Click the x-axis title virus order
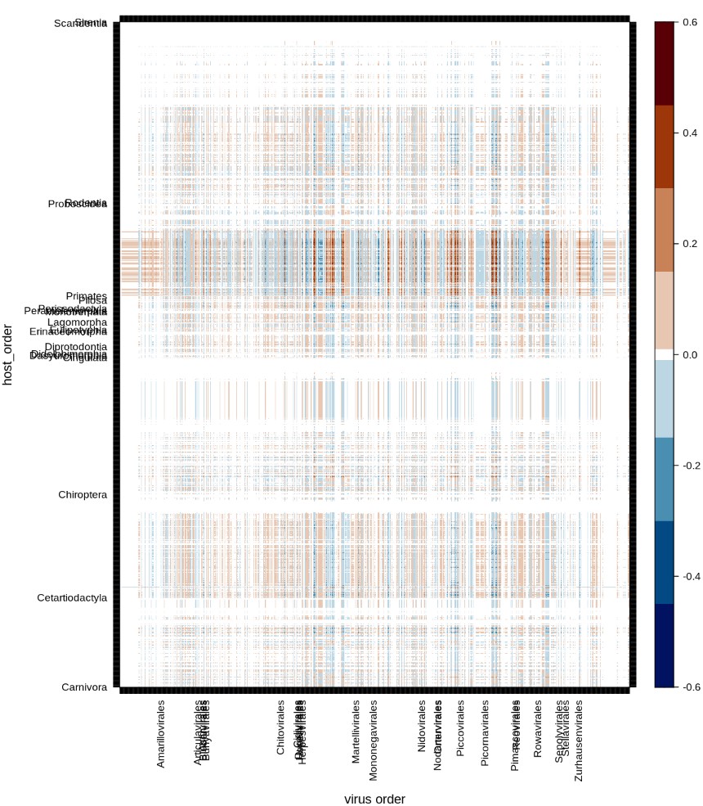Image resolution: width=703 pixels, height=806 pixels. [374, 799]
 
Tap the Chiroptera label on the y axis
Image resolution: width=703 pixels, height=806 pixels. [83, 495]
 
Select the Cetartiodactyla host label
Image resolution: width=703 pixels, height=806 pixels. [72, 598]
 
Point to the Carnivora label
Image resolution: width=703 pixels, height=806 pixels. [84, 687]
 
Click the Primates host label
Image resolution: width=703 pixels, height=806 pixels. [87, 295]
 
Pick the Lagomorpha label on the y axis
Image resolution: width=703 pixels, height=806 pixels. [77, 322]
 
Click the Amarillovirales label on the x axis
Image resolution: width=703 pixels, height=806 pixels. [161, 733]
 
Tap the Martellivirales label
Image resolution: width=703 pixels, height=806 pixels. [356, 732]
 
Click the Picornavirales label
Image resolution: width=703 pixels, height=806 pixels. [486, 733]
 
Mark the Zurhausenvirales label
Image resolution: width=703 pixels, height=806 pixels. [579, 741]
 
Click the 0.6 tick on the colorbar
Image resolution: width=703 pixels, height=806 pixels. [690, 22]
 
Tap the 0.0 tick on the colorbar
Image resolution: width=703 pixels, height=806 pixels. [690, 354]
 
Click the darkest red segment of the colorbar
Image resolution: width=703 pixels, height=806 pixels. [664, 63]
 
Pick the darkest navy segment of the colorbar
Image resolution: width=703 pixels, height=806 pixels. [664, 646]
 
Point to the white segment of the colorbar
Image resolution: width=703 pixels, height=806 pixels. [664, 354]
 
